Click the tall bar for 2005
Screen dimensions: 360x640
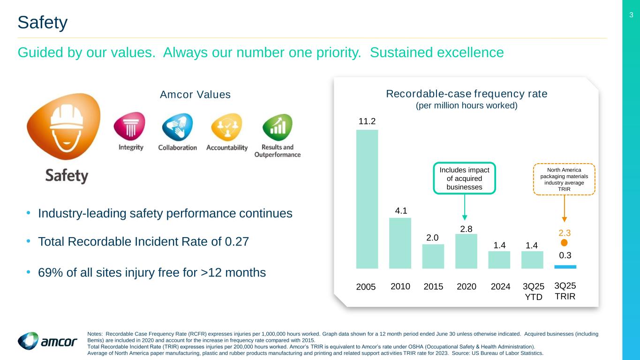[367, 199]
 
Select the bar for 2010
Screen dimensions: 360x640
[400, 243]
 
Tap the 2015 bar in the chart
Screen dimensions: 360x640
[433, 256]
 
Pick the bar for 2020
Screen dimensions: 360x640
[466, 251]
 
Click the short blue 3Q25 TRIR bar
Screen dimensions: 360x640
[565, 267]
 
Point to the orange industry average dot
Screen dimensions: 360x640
[565, 242]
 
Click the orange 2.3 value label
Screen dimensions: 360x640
[565, 232]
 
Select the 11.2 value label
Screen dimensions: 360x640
[367, 121]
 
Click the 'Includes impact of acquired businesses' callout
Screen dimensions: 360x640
[464, 178]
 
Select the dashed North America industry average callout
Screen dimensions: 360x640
[565, 179]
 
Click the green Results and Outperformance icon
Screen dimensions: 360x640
[277, 127]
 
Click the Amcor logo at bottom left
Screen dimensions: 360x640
[47, 341]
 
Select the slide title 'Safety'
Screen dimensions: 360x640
[43, 22]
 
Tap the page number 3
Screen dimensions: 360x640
[631, 15]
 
